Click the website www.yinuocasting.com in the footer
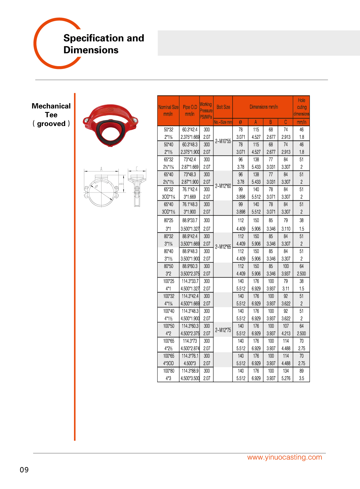pyautogui.click(x=284, y=457)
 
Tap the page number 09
pyautogui.click(x=24, y=470)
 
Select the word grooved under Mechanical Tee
pyautogui.click(x=51, y=124)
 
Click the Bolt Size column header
pyautogui.click(x=223, y=107)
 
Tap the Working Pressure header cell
pyautogui.click(x=206, y=110)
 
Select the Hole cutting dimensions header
pyautogui.click(x=301, y=107)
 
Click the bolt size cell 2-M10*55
pyautogui.click(x=223, y=141)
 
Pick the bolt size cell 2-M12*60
pyautogui.click(x=223, y=186)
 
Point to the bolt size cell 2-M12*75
pyautogui.click(x=223, y=330)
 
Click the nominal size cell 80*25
pyautogui.click(x=169, y=220)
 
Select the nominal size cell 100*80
pyautogui.click(x=169, y=371)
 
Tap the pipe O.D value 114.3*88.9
pyautogui.click(x=190, y=371)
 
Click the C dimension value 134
pyautogui.click(x=286, y=371)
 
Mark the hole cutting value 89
pyautogui.click(x=301, y=371)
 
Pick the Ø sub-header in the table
pyautogui.click(x=240, y=122)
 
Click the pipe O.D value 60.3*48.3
pyautogui.click(x=190, y=145)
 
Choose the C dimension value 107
pyautogui.click(x=286, y=326)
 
